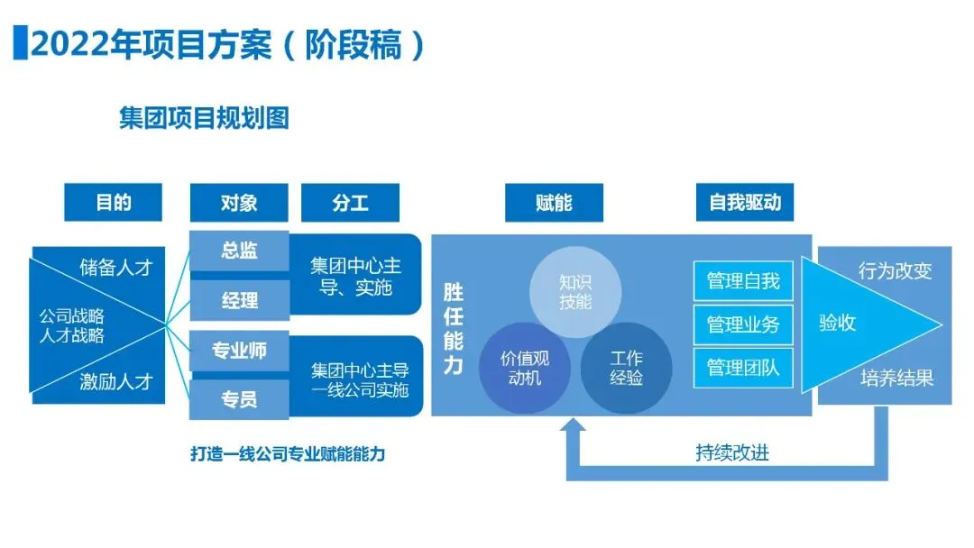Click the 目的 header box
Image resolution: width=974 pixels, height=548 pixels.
pos(114,202)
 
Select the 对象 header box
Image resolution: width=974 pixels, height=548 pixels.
pos(239,202)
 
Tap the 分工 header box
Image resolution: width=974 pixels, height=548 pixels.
pos(350,202)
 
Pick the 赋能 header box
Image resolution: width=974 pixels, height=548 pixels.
pos(553,202)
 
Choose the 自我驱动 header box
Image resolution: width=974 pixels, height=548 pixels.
pos(745,202)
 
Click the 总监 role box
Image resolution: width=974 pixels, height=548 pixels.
pos(239,251)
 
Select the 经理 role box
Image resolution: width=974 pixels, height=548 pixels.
pos(239,300)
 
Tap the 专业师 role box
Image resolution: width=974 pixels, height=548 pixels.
pos(239,351)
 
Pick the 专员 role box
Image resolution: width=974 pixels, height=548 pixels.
pos(239,398)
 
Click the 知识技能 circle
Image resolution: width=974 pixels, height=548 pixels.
pos(575,291)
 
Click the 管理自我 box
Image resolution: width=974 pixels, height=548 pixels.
pos(743,281)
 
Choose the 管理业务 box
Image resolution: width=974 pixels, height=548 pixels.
pos(743,324)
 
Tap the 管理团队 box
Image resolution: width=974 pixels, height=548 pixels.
pos(743,368)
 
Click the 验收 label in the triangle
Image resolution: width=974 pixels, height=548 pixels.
pos(837,323)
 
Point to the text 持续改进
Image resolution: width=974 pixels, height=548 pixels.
pos(732,452)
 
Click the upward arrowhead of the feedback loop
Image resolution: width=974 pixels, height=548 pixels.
pos(573,430)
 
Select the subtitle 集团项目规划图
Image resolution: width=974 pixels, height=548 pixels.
pos(204,118)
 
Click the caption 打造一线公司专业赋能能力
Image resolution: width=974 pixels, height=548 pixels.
pos(287,454)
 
